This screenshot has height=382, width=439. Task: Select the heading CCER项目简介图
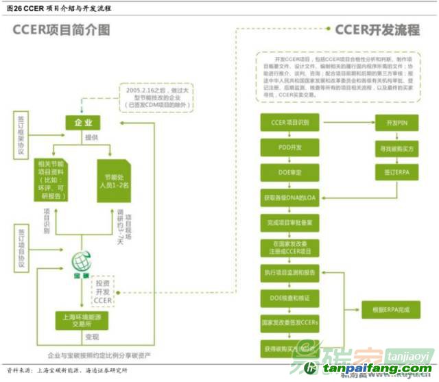pyautogui.click(x=62, y=30)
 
